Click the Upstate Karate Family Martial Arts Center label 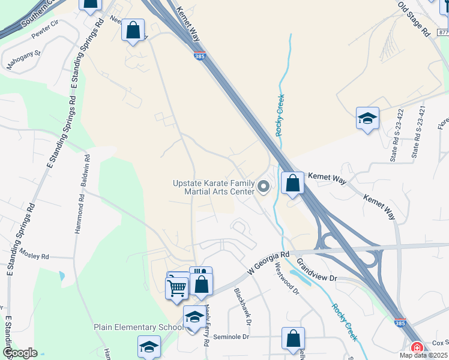click(x=214, y=187)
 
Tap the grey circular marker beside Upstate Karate click(x=264, y=187)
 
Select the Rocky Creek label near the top click(x=280, y=115)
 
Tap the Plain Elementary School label click(x=138, y=328)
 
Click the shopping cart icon click(x=176, y=289)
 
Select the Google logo click(x=20, y=353)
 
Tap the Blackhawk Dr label click(x=242, y=302)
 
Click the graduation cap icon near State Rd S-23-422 click(x=367, y=118)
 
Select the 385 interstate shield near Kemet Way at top click(x=199, y=56)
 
